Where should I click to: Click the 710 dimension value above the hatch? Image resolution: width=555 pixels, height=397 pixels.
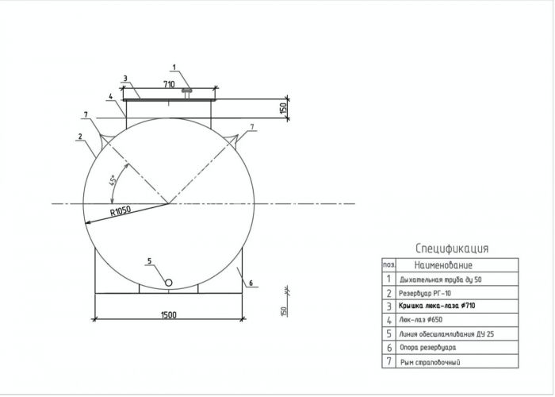point(169,84)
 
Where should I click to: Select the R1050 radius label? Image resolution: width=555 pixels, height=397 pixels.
point(121,211)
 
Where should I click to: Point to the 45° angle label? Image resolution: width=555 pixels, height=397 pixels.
point(113,180)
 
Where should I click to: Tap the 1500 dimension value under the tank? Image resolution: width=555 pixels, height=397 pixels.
point(168,314)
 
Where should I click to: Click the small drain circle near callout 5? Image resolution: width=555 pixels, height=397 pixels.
point(169,283)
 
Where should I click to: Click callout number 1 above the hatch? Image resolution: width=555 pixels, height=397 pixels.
point(174,67)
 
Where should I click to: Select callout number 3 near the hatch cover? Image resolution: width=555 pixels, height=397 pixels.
point(125,79)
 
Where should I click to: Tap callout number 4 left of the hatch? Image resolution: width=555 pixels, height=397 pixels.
point(110,96)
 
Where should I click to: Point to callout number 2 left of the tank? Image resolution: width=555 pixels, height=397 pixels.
point(80,136)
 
